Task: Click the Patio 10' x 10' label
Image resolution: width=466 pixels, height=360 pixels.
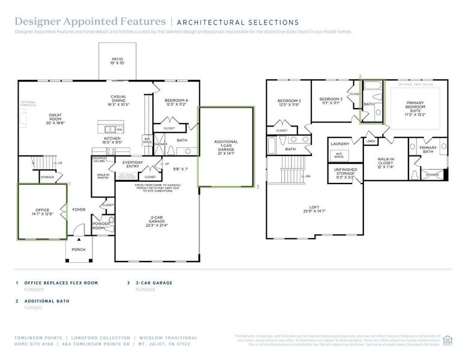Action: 117,61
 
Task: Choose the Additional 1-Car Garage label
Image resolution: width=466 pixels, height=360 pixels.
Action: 226,148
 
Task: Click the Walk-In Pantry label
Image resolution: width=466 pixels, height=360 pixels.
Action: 102,176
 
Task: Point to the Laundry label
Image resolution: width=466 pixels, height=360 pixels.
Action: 340,144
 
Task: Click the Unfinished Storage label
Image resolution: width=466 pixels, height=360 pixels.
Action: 345,173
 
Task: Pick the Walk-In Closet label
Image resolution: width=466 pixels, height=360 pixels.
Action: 385,163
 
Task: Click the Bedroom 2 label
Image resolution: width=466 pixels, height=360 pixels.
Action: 288,103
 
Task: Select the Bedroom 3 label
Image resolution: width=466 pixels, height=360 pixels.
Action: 330,101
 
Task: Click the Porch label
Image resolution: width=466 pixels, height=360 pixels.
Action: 78,250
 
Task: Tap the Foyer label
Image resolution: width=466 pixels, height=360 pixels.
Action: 79,209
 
